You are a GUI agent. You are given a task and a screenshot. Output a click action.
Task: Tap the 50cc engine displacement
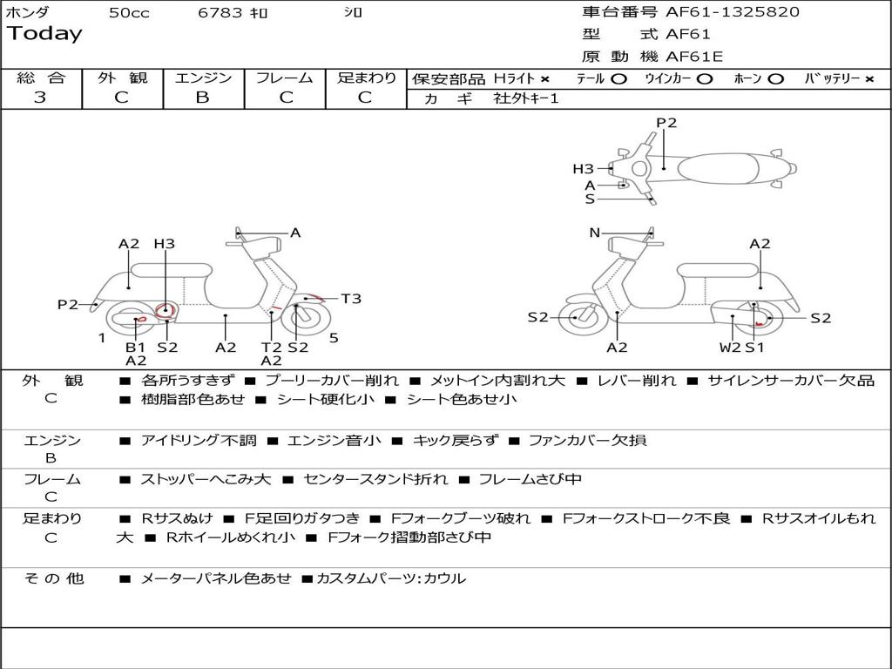(129, 13)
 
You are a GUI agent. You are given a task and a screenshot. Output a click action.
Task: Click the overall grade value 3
(40, 98)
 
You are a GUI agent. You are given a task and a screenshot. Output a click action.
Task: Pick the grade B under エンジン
(203, 98)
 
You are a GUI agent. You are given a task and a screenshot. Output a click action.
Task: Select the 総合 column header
(41, 78)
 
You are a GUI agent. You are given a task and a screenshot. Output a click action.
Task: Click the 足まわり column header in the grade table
(367, 78)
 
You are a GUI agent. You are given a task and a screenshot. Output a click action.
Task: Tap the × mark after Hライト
(545, 79)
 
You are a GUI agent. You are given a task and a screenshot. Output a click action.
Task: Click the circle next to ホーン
(775, 79)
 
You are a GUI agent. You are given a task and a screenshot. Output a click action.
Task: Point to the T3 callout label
(350, 299)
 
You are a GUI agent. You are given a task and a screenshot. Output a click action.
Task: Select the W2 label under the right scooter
(730, 348)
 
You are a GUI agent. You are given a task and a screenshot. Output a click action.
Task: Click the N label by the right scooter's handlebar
(595, 233)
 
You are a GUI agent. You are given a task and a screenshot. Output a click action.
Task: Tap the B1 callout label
(135, 348)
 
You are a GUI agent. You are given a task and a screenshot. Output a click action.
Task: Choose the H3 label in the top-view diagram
(583, 169)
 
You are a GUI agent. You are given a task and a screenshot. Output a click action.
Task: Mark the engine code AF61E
(694, 57)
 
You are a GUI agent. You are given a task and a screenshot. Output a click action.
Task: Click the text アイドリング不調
(199, 441)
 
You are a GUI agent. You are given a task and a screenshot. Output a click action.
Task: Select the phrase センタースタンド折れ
(376, 479)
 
